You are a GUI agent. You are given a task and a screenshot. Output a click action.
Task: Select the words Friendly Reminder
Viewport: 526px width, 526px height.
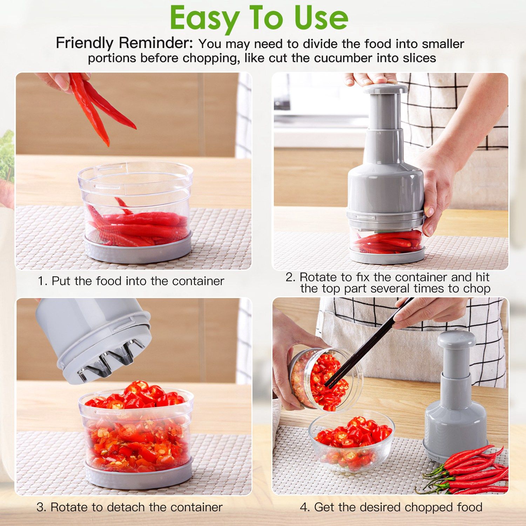point(124,43)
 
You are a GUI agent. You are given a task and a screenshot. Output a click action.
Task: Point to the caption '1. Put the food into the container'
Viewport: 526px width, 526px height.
point(131,281)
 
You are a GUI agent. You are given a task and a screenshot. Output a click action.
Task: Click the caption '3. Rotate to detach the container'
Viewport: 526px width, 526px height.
point(129,507)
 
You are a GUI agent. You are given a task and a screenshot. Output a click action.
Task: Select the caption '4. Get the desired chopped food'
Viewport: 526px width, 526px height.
point(391,507)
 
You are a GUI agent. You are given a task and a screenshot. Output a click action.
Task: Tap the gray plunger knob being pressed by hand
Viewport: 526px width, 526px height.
point(385,89)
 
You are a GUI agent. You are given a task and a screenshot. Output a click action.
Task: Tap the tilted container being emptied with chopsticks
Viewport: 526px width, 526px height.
point(324,379)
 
